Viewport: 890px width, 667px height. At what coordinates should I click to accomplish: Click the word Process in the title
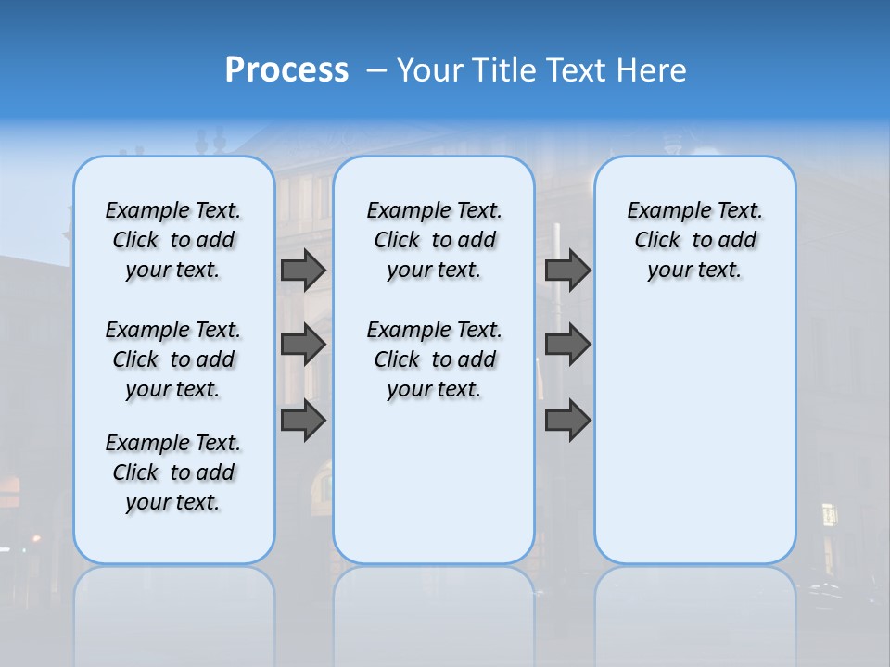[x=286, y=69]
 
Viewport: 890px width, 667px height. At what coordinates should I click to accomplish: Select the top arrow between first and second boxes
[x=303, y=270]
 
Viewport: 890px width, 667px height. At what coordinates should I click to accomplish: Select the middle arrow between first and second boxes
[x=303, y=345]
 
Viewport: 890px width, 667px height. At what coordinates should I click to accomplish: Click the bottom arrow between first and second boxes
[x=303, y=420]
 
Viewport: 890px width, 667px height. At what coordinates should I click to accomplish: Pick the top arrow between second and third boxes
[x=567, y=270]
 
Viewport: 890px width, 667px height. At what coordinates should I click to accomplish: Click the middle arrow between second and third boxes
[x=567, y=345]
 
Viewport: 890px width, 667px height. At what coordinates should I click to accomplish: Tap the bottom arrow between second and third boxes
[x=567, y=420]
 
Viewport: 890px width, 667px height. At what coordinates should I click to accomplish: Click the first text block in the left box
[x=173, y=240]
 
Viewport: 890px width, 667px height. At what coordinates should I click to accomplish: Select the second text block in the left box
[x=173, y=359]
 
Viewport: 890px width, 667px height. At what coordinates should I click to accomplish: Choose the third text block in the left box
[x=173, y=472]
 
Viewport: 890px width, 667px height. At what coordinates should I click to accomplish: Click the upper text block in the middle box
[x=434, y=240]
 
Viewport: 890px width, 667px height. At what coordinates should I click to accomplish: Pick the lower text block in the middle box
[x=434, y=359]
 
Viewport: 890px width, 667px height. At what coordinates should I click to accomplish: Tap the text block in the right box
[x=694, y=240]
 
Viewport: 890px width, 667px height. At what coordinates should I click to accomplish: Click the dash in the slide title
[x=376, y=70]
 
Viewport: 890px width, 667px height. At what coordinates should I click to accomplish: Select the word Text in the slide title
[x=580, y=70]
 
